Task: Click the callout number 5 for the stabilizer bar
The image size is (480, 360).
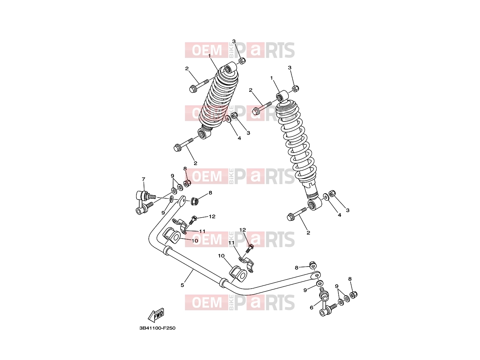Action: coord(182,285)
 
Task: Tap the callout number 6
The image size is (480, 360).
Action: coord(312,308)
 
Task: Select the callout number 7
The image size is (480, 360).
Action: coord(144,179)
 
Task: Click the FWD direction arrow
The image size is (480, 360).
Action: coord(156,315)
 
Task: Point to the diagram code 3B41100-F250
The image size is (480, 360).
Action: coord(157,334)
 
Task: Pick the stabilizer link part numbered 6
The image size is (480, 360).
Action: coord(326,302)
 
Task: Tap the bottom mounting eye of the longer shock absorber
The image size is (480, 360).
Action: coord(314,204)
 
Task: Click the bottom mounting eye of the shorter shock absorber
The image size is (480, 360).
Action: coord(204,134)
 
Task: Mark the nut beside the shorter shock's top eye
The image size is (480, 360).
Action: coord(242,61)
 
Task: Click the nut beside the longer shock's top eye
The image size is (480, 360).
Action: coord(295,88)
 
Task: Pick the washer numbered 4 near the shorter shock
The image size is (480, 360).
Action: coord(228,119)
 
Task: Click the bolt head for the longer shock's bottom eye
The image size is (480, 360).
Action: coord(290,217)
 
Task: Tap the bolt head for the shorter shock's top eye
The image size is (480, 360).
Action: coord(192,89)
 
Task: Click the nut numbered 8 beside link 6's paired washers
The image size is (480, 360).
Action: coord(353,295)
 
